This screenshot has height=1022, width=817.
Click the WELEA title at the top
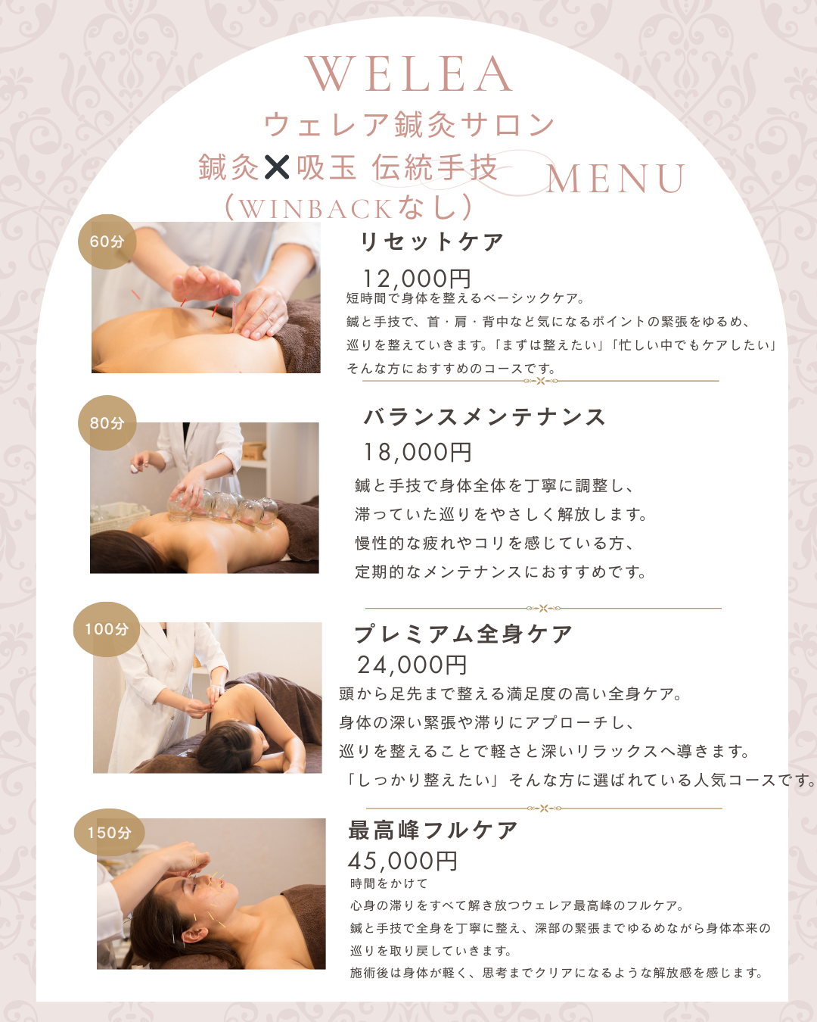pos(408,74)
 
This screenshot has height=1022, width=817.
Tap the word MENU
pos(616,179)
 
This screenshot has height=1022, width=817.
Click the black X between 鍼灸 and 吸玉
pos(277,167)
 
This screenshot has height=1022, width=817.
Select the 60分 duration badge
pos(107,241)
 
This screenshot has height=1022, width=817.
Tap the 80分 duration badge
pos(107,422)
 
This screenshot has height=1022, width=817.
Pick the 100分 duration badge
pos(107,629)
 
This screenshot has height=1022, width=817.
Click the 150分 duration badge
pos(109,832)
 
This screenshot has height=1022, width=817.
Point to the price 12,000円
pos(416,279)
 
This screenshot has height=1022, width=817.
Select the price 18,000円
pos(417,452)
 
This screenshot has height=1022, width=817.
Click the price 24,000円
pos(412,665)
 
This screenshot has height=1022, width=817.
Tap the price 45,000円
pos(402,861)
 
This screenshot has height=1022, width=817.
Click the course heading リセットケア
pos(431,242)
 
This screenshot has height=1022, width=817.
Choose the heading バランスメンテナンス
pos(484,417)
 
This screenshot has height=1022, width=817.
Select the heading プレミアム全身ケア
pos(463,634)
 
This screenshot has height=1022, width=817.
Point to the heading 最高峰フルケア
pos(433,830)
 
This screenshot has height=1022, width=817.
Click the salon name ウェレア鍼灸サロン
pos(409,124)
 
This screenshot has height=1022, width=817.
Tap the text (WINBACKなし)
pos(349,207)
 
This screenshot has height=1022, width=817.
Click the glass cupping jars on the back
pos(223,507)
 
